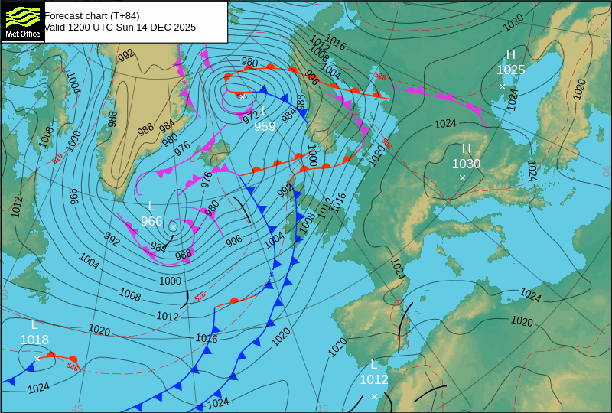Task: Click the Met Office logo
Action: [x=22, y=21]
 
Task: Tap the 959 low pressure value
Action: [x=265, y=126]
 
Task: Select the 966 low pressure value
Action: [x=151, y=221]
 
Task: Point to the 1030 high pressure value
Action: [x=466, y=163]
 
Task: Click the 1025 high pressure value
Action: [x=511, y=70]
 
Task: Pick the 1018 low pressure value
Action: [x=34, y=340]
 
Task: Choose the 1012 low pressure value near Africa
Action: [x=374, y=379]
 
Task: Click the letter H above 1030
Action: [x=466, y=148]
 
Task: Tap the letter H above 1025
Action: [x=511, y=54]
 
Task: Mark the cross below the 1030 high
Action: [x=462, y=177]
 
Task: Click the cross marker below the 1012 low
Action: [x=374, y=396]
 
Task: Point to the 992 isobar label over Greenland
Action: [x=126, y=54]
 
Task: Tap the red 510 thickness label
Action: [x=57, y=158]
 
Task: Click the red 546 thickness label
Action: [x=73, y=367]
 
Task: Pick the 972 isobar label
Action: [x=250, y=117]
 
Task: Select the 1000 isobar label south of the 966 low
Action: [x=170, y=281]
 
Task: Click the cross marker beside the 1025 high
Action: [x=503, y=86]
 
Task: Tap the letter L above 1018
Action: [x=34, y=325]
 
